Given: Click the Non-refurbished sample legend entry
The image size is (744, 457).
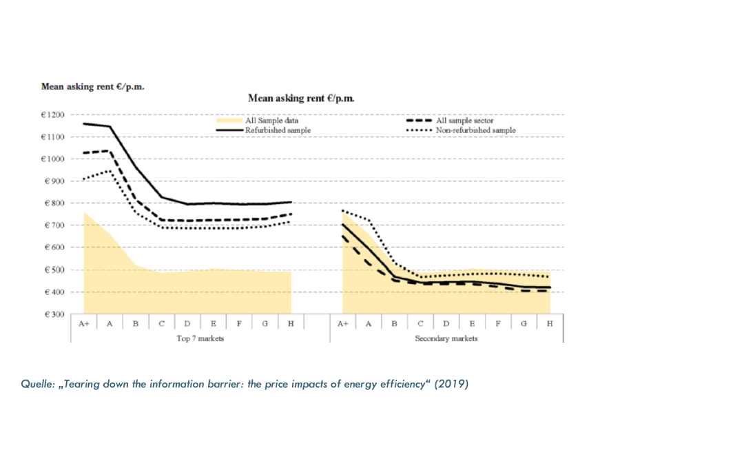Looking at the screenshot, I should click(475, 130).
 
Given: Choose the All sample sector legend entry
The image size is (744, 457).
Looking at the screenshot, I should click(464, 121).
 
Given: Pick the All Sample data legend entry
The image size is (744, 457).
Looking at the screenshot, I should click(271, 121).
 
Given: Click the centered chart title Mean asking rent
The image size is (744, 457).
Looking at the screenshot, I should click(301, 99).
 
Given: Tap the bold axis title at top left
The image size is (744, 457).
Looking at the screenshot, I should click(93, 87).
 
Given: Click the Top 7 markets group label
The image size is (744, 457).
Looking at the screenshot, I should click(200, 338).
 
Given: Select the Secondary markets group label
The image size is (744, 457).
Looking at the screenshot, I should click(446, 338).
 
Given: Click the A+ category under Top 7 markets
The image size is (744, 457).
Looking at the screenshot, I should click(84, 323).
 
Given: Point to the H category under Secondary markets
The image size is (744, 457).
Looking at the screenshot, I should click(549, 323).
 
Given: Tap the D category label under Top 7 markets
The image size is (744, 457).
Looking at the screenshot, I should click(187, 323).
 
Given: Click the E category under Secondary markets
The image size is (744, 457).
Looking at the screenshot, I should click(472, 323).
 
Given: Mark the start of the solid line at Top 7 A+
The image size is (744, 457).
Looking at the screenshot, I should click(84, 123).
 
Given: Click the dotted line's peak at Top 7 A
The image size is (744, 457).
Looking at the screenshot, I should click(109, 170).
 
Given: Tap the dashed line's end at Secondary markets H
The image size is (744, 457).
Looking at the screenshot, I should click(549, 291).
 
